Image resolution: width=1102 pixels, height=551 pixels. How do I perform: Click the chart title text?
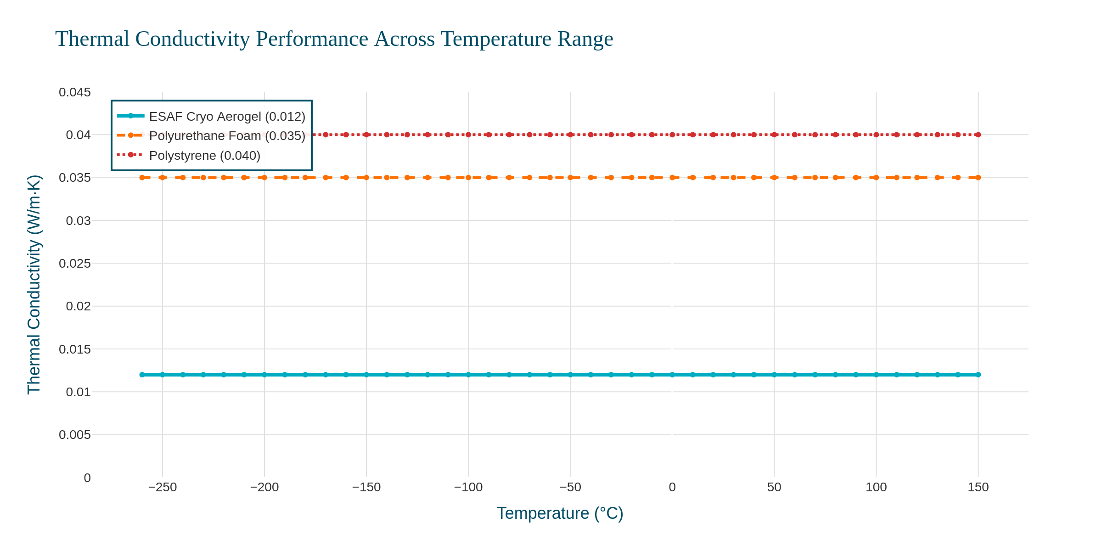334,39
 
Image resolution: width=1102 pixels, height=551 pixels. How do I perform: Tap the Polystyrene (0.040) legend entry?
204,156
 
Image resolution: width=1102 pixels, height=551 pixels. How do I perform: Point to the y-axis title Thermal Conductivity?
34,284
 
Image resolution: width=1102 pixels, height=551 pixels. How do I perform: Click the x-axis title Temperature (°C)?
560,513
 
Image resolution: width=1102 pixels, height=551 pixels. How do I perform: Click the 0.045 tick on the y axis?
75,92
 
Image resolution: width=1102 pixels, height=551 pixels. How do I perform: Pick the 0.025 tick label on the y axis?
75,264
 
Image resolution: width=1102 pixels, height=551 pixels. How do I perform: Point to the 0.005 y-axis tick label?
75,435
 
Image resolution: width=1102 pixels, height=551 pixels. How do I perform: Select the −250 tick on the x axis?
163,488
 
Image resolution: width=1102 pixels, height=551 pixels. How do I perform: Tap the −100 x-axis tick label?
468,488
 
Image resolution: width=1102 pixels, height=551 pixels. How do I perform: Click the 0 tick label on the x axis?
672,488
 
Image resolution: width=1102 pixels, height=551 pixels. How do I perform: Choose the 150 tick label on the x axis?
978,488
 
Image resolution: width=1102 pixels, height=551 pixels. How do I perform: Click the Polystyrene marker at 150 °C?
978,135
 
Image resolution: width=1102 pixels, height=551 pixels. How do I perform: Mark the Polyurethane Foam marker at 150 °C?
978,178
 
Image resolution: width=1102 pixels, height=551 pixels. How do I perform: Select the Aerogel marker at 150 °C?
978,375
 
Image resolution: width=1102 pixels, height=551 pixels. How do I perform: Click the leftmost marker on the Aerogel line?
142,375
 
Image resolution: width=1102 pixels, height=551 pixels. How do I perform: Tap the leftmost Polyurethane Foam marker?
142,178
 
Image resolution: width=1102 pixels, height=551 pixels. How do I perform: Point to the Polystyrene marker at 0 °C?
672,135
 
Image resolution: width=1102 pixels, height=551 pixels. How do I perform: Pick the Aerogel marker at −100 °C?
468,375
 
